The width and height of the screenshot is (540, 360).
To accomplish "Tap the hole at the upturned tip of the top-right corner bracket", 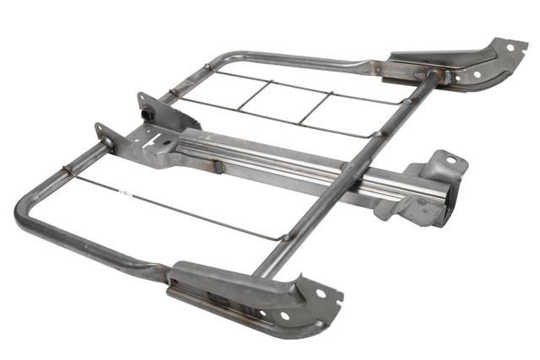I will (510, 48).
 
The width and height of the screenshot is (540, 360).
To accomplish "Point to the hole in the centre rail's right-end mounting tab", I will (451, 160).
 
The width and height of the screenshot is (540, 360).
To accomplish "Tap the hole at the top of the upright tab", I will (141, 99).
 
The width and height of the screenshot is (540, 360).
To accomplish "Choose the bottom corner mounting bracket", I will (253, 295).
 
